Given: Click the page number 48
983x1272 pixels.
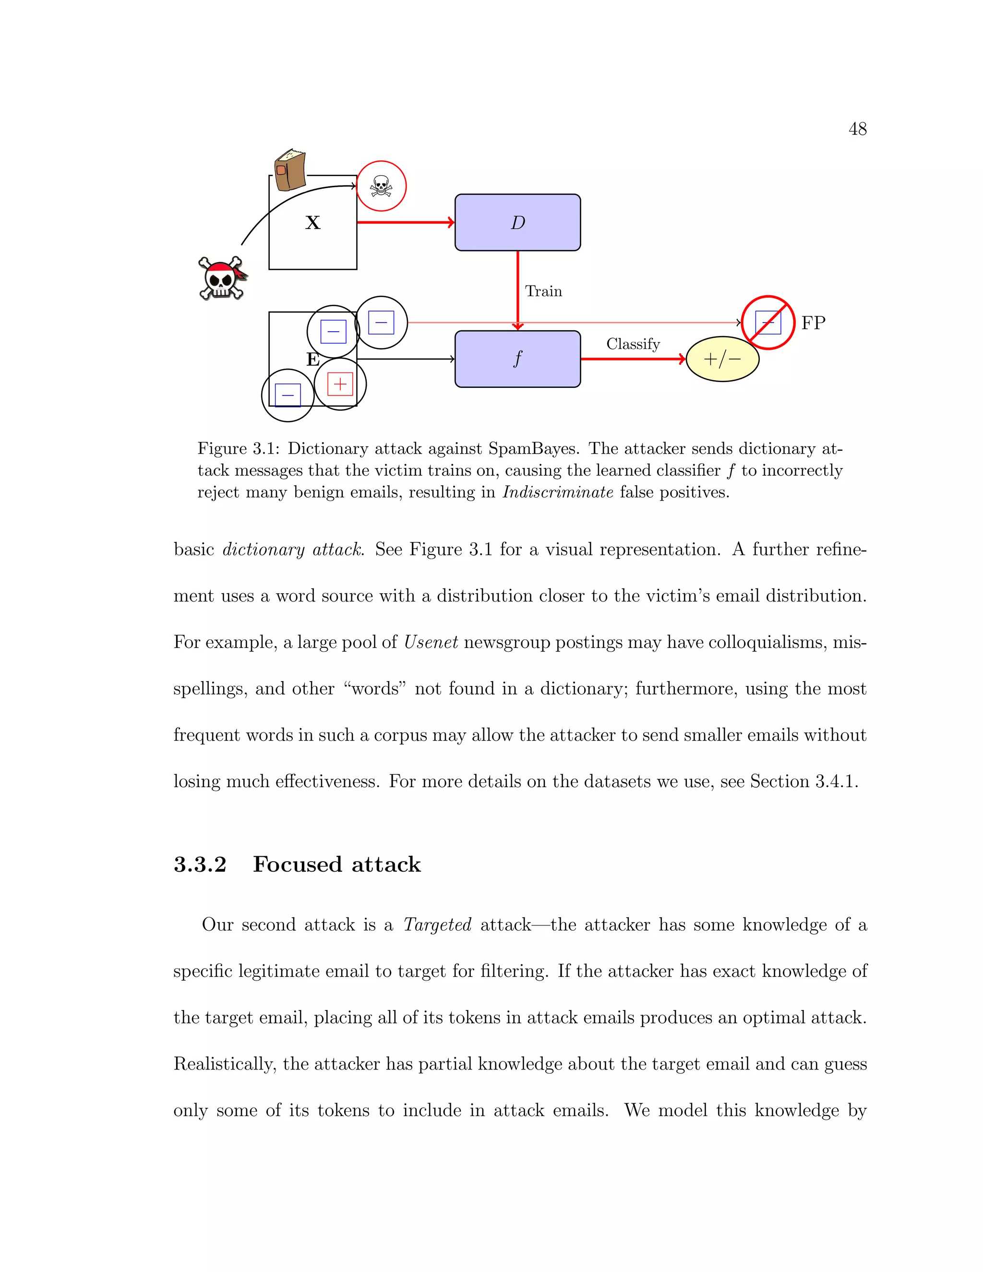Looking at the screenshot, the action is pyautogui.click(x=857, y=129).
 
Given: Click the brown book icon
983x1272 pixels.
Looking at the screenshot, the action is pyautogui.click(x=290, y=170).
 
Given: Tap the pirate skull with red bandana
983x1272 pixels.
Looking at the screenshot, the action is pyautogui.click(x=222, y=278).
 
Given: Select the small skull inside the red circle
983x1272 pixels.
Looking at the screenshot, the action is pyautogui.click(x=381, y=186).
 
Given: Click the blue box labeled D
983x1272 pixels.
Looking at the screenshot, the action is pyautogui.click(x=517, y=223).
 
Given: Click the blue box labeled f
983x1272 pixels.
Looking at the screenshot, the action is pyautogui.click(x=517, y=359).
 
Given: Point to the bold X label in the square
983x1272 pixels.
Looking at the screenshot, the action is pyautogui.click(x=313, y=223).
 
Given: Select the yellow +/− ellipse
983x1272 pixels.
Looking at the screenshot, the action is pyautogui.click(x=722, y=360).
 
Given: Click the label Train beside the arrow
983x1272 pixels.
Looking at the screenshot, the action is pyautogui.click(x=543, y=291).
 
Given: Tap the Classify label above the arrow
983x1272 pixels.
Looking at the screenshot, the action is pyautogui.click(x=633, y=344).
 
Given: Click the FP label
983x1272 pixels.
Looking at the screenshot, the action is pyautogui.click(x=813, y=323).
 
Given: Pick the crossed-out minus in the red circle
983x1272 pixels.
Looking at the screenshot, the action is pyautogui.click(x=767, y=323).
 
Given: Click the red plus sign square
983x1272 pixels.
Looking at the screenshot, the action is pyautogui.click(x=340, y=384).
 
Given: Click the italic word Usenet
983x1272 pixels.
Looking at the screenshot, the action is pyautogui.click(x=431, y=642).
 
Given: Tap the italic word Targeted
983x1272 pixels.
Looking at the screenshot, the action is pyautogui.click(x=437, y=924).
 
